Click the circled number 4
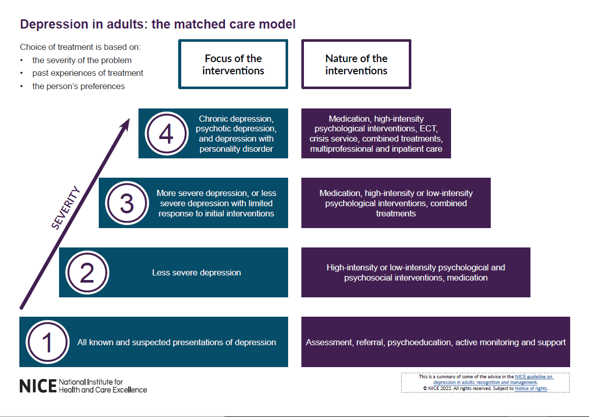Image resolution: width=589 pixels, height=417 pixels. pos(166,134)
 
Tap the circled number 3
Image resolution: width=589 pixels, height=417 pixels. pos(127,203)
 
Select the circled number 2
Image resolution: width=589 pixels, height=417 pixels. pos(87,273)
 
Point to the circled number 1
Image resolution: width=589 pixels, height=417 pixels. pos(47,342)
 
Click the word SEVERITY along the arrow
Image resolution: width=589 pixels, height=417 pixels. pos(66,208)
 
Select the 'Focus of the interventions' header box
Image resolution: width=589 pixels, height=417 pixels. pos(233,65)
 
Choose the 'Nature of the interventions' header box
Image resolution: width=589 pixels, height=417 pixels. pos(356,65)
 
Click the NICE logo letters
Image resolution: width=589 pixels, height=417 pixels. pos(38,386)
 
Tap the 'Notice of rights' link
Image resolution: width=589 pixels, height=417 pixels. pos(531,388)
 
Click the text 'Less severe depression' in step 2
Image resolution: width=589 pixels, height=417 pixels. pos(197,273)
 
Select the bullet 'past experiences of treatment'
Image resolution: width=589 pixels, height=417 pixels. pos(88,73)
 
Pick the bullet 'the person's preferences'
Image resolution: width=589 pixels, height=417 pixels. pos(78,86)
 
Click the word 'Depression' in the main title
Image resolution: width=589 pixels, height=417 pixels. pos(48,24)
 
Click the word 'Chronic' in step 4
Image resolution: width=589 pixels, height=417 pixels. pos(212,119)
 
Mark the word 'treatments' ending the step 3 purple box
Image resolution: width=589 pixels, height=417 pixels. pos(396,213)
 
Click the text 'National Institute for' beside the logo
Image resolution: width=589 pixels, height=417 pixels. pos(91,382)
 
